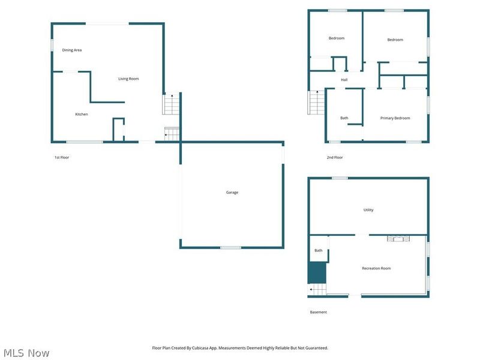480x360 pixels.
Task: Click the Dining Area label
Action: coord(72,50)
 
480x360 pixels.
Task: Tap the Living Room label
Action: coord(128,79)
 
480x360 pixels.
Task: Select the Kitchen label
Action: coord(82,114)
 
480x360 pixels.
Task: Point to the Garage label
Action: coord(232,193)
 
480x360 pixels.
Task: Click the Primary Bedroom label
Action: coord(395,118)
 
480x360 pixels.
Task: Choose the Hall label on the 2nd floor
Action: coord(344,80)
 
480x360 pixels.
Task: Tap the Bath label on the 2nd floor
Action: coord(344,118)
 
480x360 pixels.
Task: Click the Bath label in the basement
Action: coord(319,250)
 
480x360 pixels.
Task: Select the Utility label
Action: coord(368,210)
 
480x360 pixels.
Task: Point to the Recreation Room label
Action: coord(376,268)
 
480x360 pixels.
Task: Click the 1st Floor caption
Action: coord(62,158)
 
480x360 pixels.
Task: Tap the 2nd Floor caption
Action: coord(335,158)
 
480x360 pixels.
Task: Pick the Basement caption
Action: coord(319,312)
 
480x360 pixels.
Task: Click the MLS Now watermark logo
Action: coord(26,353)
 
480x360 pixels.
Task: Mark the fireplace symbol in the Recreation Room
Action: coord(397,238)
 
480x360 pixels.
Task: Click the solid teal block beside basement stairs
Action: coord(317,273)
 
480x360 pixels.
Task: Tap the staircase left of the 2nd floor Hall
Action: coord(316,102)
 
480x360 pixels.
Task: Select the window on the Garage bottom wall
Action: coord(230,247)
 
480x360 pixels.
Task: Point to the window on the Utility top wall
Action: coord(340,178)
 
